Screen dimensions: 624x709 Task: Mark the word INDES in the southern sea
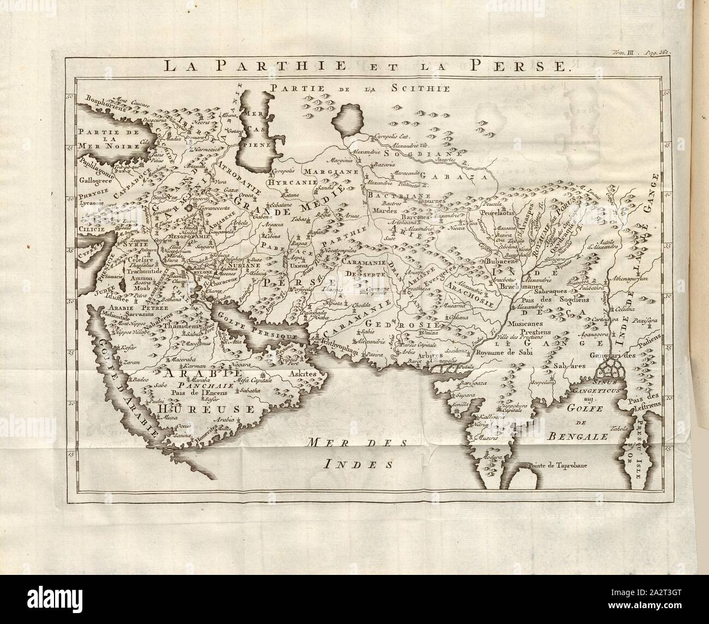point(358,464)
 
